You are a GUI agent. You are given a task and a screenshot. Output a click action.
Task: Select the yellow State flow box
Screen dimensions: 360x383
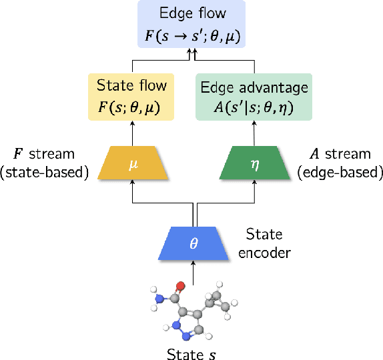tap(131, 97)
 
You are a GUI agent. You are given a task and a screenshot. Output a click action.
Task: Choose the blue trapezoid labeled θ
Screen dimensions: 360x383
tap(194, 243)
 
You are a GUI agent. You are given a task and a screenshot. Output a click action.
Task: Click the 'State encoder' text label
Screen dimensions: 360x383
tap(264, 243)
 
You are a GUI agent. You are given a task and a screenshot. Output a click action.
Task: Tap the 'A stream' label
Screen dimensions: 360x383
tap(341, 154)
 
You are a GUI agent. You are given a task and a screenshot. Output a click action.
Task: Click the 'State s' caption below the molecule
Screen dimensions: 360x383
tap(192, 351)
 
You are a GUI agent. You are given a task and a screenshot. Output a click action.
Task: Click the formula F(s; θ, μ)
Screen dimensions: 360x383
tap(131, 105)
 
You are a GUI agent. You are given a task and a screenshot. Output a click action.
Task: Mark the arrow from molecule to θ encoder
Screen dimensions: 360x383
tap(194, 270)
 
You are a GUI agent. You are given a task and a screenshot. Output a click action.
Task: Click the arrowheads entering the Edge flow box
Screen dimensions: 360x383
tap(191, 52)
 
